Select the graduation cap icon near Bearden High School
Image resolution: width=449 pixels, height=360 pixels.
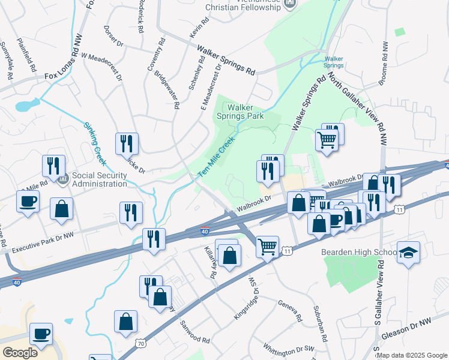pyautogui.click(x=408, y=252)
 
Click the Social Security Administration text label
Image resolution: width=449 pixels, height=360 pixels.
pyautogui.click(x=100, y=180)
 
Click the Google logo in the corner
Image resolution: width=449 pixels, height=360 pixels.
pyautogui.click(x=20, y=352)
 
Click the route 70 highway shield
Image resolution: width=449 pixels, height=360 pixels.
pyautogui.click(x=140, y=344)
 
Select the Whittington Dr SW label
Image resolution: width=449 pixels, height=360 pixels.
pyautogui.click(x=289, y=349)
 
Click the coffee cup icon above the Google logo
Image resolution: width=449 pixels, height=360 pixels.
pyautogui.click(x=41, y=334)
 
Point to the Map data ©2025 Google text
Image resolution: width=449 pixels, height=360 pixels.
pyautogui.click(x=412, y=355)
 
